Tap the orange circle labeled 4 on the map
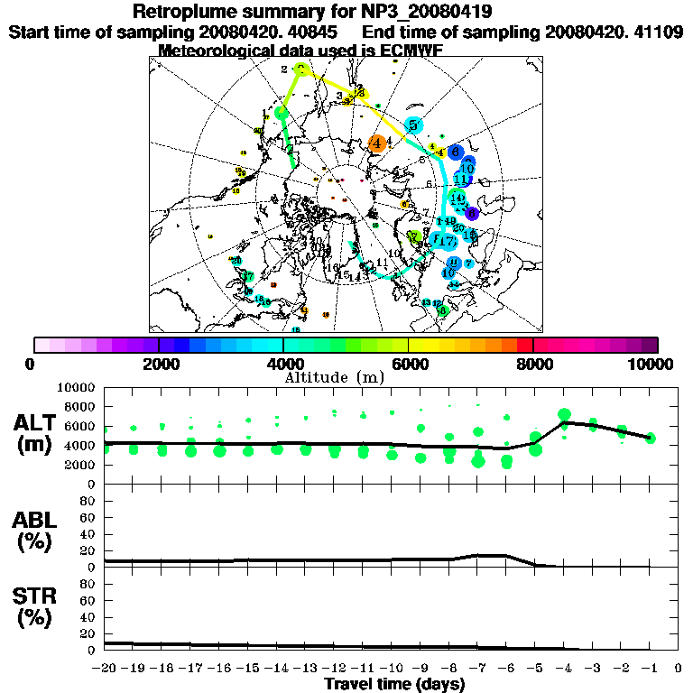378,143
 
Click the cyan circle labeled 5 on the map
414,125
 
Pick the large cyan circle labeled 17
445,240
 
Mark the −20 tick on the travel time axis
105,669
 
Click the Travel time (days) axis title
394,685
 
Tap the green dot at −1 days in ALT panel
650,439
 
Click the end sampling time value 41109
660,32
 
